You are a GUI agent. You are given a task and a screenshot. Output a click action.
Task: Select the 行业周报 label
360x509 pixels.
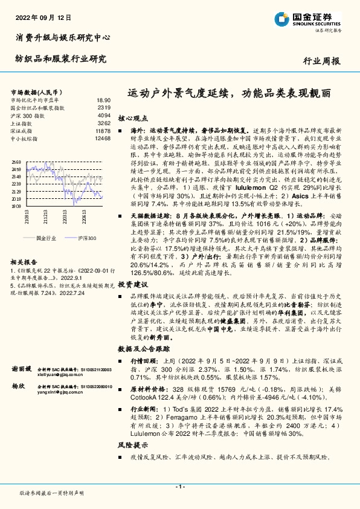pyautogui.click(x=321, y=61)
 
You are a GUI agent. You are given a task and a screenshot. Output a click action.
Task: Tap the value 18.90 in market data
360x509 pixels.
pyautogui.click(x=103, y=100)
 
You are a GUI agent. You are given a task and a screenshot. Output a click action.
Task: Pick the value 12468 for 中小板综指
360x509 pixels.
pyautogui.click(x=103, y=138)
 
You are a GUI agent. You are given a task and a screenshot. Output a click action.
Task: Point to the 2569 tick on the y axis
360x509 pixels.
pyautogui.click(x=15, y=163)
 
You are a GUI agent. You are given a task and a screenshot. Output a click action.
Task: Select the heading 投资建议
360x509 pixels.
pyautogui.click(x=132, y=284)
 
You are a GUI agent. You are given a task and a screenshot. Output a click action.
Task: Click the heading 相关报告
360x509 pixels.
pyautogui.click(x=25, y=262)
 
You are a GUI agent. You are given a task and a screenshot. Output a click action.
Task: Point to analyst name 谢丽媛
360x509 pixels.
pyautogui.click(x=22, y=368)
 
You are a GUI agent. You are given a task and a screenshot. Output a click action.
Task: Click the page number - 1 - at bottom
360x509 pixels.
pyautogui.click(x=179, y=487)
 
